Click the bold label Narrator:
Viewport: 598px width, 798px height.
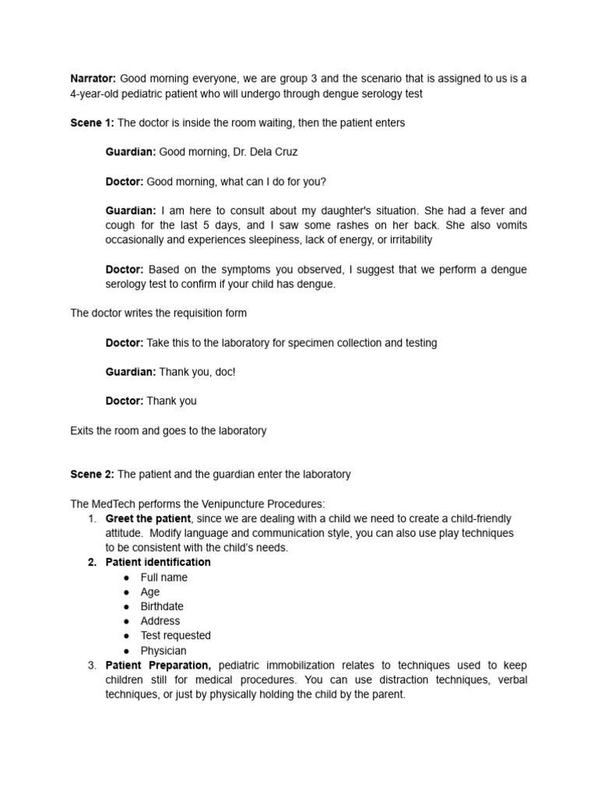93,79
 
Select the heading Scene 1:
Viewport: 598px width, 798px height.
92,123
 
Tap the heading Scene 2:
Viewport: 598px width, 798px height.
92,474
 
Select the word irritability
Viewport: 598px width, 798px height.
403,240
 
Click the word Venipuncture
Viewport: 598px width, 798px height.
220,503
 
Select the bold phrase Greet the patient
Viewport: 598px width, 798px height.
148,518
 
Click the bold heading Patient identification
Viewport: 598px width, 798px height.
158,562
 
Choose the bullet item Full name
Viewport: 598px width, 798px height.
164,577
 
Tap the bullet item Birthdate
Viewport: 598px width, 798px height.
162,606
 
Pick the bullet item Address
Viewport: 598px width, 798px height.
160,621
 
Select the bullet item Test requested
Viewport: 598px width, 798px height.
175,635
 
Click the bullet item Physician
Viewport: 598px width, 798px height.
163,651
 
